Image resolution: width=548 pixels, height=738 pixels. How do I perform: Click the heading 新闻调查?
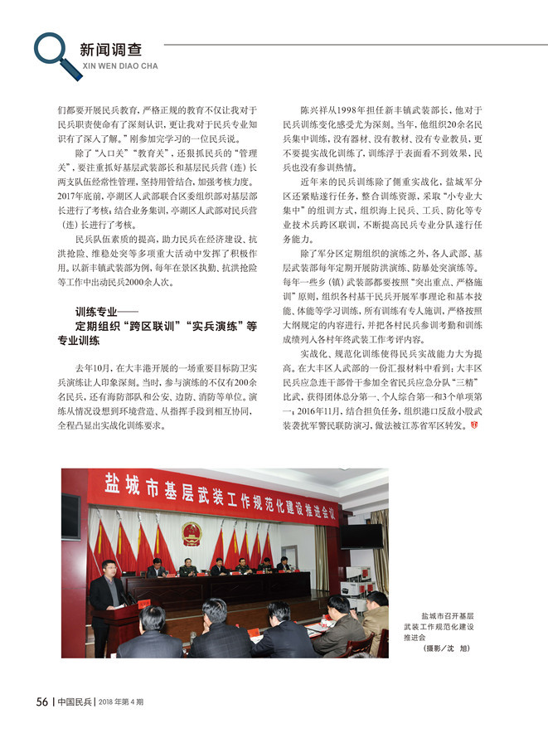[x=110, y=49]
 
